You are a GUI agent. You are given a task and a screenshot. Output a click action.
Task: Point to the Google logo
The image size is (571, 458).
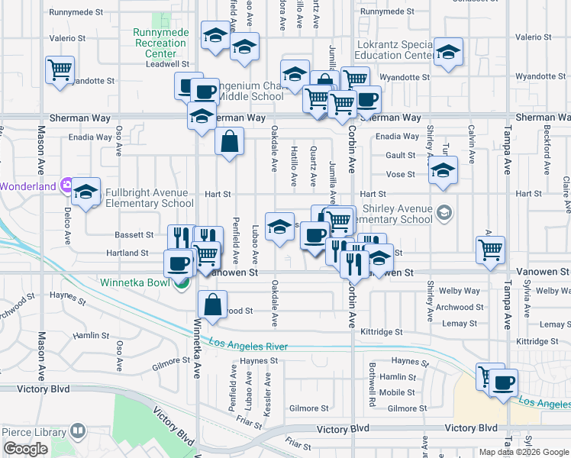[25, 449]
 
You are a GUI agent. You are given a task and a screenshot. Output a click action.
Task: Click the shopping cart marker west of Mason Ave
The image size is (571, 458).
[60, 71]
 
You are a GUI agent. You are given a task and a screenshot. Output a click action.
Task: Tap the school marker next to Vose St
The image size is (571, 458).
[443, 171]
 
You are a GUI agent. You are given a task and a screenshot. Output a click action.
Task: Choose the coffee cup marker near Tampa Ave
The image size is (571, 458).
[503, 383]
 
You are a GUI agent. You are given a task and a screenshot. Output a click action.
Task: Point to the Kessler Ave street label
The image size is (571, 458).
[268, 394]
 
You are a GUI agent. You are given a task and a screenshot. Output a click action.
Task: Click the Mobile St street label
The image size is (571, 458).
[397, 392]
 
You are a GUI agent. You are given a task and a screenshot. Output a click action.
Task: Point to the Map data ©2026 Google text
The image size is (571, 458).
[524, 452]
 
